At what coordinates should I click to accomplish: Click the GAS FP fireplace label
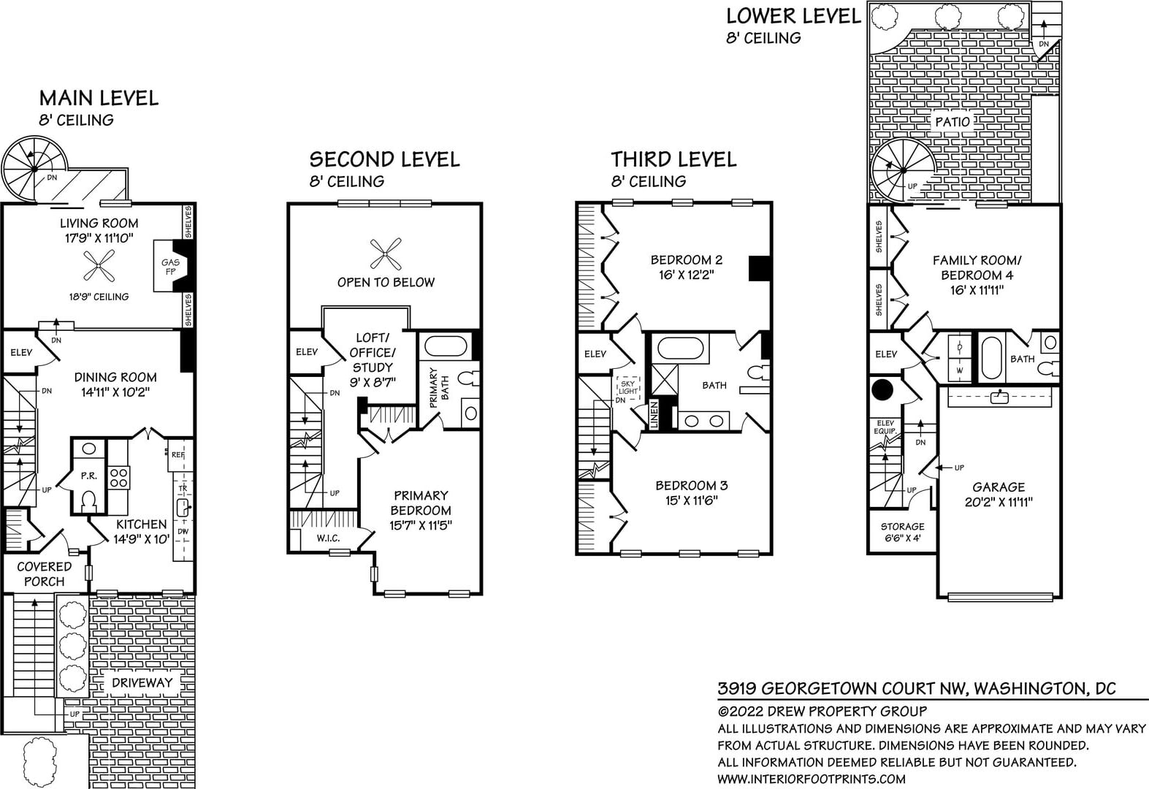(170, 267)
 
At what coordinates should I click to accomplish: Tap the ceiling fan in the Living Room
(99, 266)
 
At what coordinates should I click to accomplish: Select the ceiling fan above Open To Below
(385, 254)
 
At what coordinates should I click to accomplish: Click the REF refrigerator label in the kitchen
(178, 454)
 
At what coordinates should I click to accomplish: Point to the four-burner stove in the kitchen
(118, 477)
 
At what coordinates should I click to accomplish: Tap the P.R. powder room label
(88, 476)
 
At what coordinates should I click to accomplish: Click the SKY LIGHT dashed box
(628, 386)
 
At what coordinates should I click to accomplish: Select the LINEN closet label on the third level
(654, 414)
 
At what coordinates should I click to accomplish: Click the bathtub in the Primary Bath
(445, 346)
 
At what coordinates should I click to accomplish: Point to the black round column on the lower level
(882, 390)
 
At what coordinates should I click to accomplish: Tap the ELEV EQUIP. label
(885, 427)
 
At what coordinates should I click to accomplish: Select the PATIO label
(953, 122)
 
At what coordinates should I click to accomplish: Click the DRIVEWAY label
(142, 683)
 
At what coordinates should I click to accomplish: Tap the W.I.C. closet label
(328, 538)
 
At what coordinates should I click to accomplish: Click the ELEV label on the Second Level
(307, 352)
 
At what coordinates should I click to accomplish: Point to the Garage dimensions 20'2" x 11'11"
(999, 502)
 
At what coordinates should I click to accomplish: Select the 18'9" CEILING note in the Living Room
(99, 297)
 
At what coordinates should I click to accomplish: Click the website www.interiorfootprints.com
(812, 780)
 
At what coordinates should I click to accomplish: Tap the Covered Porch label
(44, 574)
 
